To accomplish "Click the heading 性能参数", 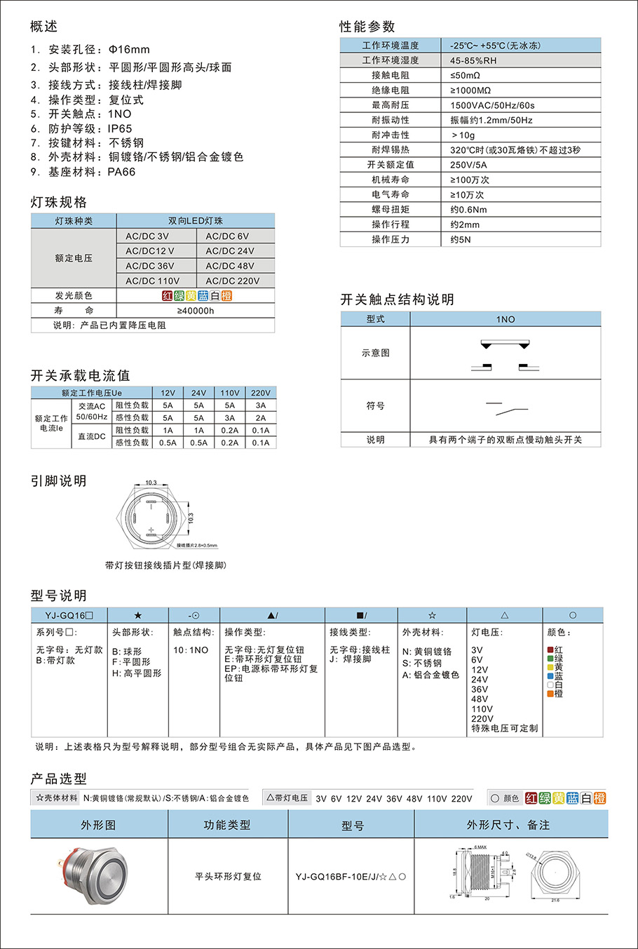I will [367, 27].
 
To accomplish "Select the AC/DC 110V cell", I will [153, 281].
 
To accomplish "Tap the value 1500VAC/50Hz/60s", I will [492, 105].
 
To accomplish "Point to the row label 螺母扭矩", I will [391, 210].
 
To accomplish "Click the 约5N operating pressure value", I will [461, 239].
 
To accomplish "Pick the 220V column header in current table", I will [261, 393].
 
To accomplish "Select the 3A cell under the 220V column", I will [261, 405].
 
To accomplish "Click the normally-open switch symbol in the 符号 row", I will [506, 407].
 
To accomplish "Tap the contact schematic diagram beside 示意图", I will [505, 354].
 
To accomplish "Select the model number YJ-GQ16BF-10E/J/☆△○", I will [351, 877].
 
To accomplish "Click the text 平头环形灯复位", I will [228, 877].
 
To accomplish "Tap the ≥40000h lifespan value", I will [196, 311].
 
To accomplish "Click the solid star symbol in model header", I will [138, 616].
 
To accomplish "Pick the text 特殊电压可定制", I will [504, 728].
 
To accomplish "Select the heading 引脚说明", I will [58, 481].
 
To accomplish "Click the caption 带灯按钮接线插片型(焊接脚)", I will [165, 565].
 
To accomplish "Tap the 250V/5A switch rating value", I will [468, 165].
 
